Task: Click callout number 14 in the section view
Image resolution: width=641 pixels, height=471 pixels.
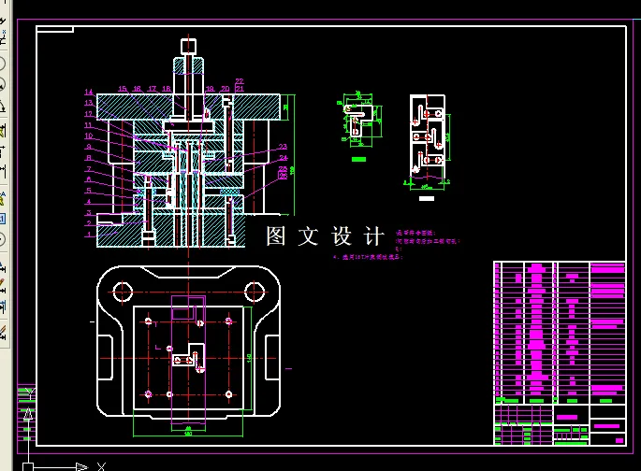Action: tap(88, 93)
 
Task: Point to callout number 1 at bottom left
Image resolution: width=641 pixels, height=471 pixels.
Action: tap(88, 235)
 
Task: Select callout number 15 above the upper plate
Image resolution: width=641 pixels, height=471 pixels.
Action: tap(122, 89)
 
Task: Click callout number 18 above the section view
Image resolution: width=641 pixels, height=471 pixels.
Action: tap(167, 89)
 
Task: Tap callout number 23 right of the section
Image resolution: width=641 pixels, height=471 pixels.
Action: tap(283, 147)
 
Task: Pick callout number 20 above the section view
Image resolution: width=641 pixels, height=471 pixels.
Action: tap(225, 89)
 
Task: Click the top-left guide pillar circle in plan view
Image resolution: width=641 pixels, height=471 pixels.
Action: tap(122, 292)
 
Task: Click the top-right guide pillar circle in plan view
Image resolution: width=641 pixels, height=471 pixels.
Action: tap(253, 292)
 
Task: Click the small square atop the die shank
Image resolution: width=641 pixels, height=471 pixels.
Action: tap(188, 44)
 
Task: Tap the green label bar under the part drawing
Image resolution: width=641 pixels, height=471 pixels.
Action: tap(357, 160)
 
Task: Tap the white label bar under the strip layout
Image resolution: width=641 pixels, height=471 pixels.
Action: tap(427, 198)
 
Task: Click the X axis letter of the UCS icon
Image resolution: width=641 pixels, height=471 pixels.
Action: tap(102, 465)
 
